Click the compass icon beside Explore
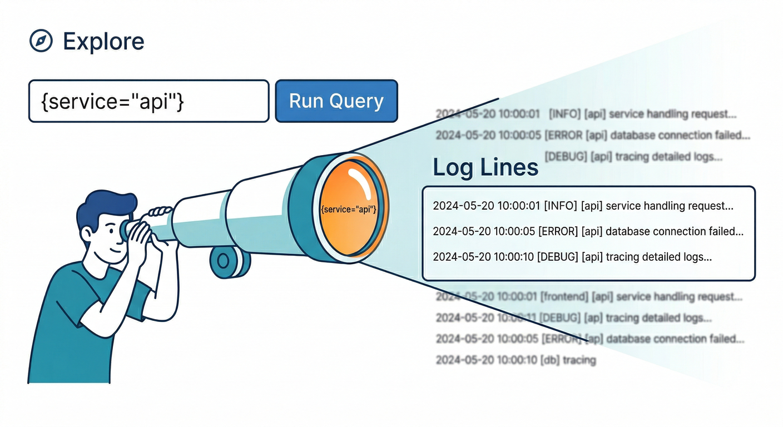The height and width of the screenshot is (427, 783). (41, 41)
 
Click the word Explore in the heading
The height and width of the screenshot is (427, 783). (103, 41)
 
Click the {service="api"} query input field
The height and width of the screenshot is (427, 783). (148, 101)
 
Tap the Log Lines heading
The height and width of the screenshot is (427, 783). (485, 167)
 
